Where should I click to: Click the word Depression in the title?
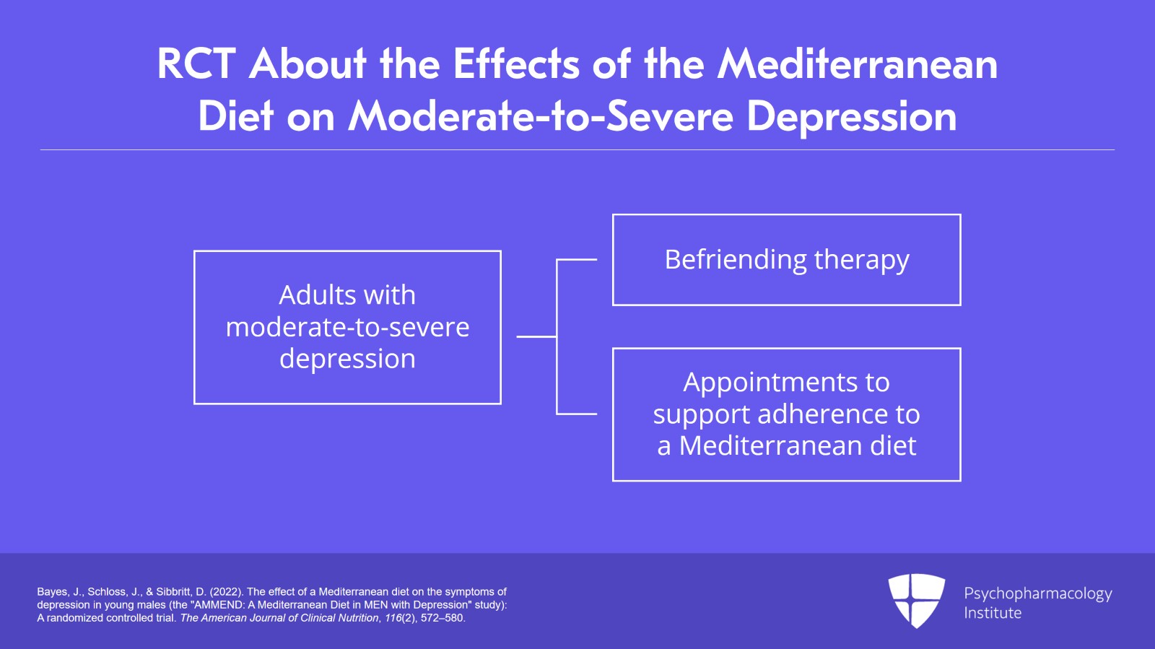(x=852, y=117)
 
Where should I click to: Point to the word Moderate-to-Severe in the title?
(x=541, y=117)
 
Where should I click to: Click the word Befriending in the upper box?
(x=736, y=259)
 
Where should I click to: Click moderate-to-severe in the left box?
(x=347, y=328)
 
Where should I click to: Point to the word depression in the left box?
(x=347, y=360)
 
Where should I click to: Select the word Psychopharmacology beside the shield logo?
(x=1037, y=594)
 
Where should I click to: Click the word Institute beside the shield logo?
(x=993, y=613)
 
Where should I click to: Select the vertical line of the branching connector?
(x=557, y=337)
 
